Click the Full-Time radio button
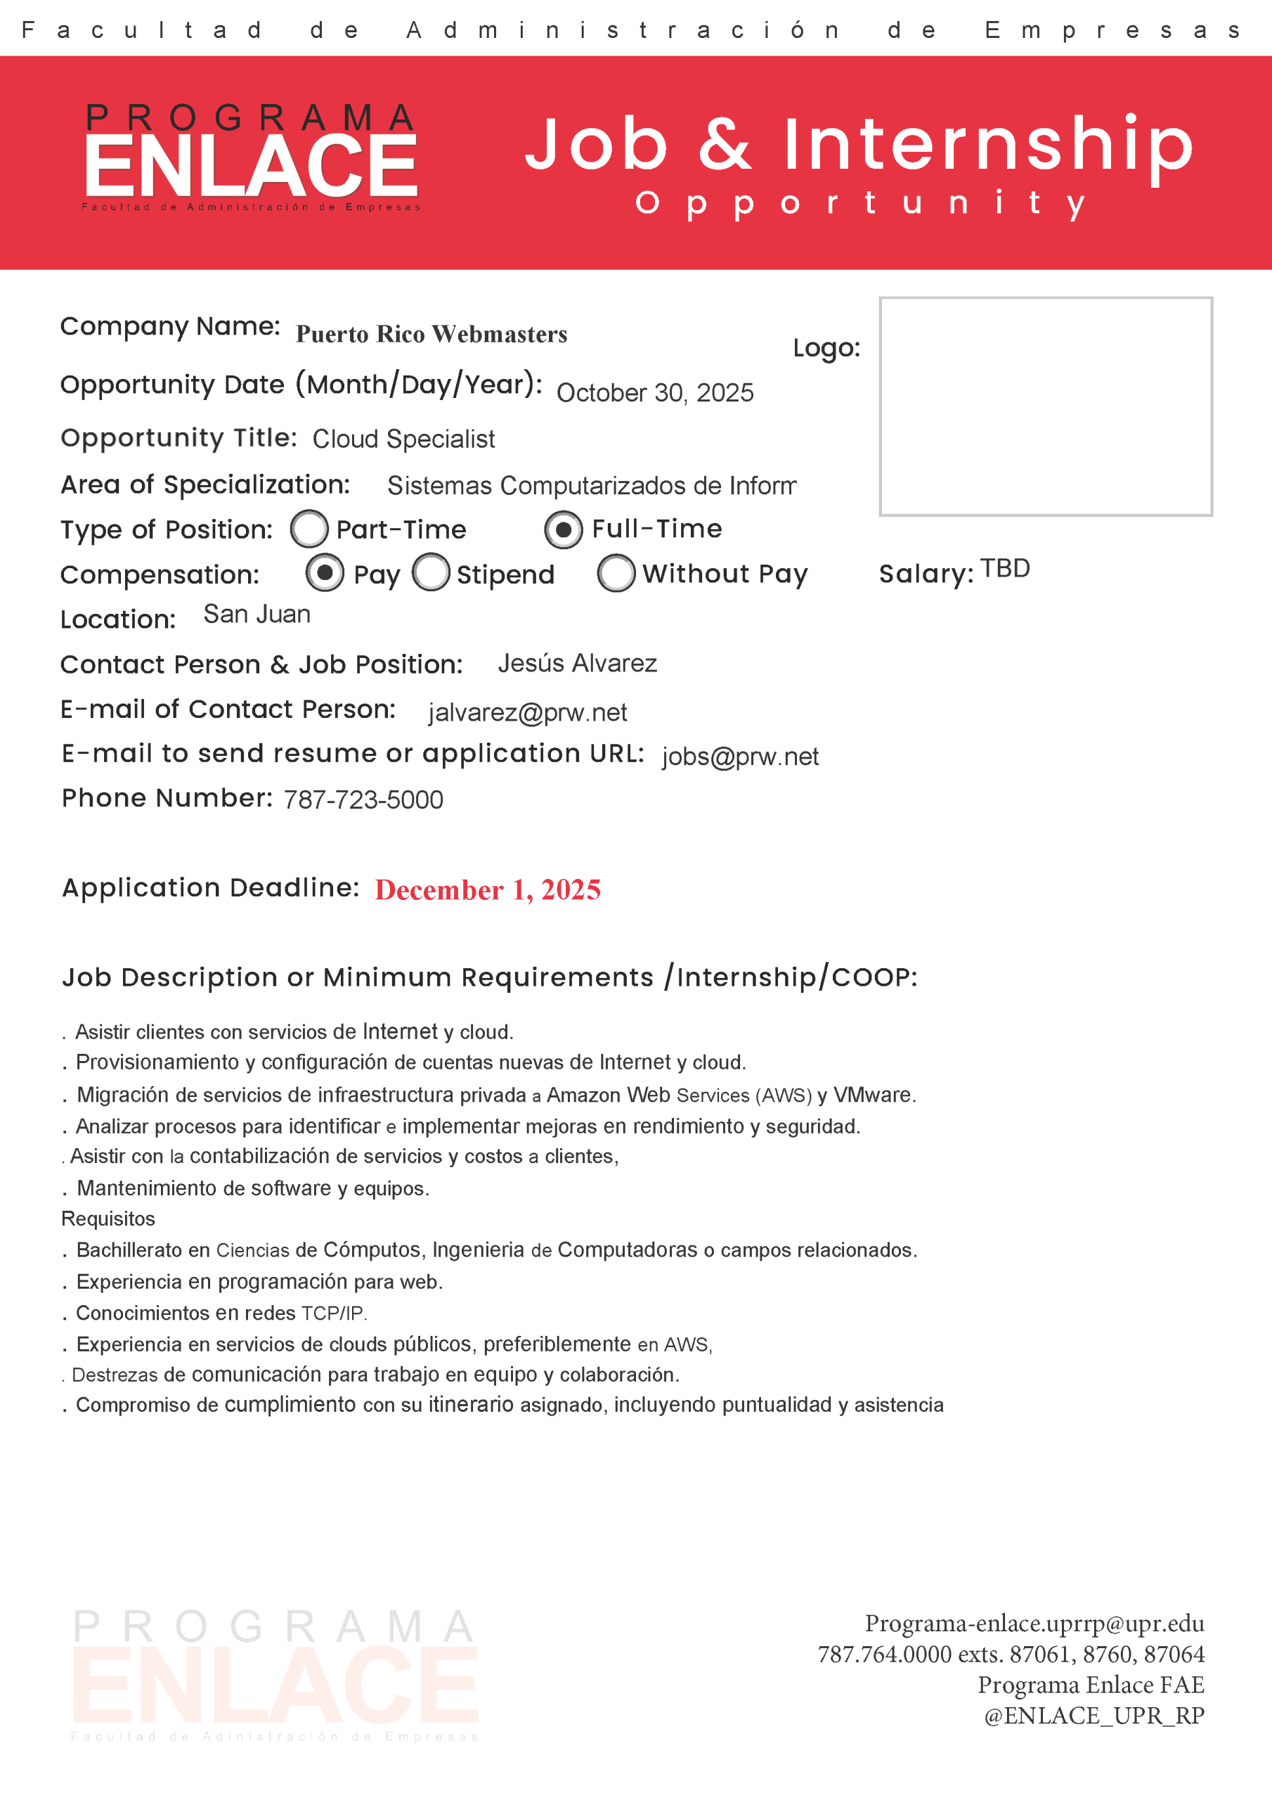(x=563, y=530)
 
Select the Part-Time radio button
(x=309, y=529)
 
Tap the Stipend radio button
(x=430, y=572)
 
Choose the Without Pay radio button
(x=616, y=573)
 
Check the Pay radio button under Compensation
(x=325, y=572)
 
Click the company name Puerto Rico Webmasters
(x=431, y=334)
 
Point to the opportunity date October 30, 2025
(x=654, y=392)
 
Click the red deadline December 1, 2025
(x=488, y=890)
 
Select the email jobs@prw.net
(x=740, y=756)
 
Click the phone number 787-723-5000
(x=363, y=799)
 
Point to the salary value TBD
(x=1005, y=568)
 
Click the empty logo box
(x=1046, y=406)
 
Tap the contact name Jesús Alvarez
(x=577, y=663)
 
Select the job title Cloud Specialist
(x=403, y=439)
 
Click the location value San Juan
(x=257, y=614)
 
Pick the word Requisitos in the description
(x=108, y=1219)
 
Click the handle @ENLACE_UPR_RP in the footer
(x=1093, y=1716)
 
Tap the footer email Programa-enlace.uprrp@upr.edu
(x=1034, y=1623)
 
